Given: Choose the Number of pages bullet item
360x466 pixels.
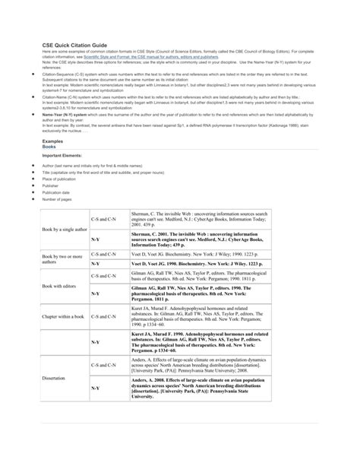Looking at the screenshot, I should click(56, 201).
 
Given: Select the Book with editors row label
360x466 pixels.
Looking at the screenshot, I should click(62, 286).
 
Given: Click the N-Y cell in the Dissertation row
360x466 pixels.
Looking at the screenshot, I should click(95, 389).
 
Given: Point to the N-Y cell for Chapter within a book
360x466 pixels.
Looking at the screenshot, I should click(95, 342).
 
